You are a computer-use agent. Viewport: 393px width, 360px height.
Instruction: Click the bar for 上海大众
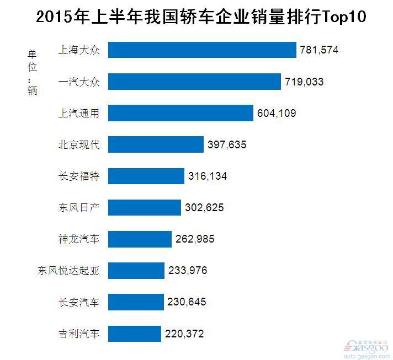click(x=202, y=50)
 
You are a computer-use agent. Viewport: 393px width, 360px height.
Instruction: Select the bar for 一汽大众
click(x=194, y=82)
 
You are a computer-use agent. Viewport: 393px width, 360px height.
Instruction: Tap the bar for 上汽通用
click(x=180, y=113)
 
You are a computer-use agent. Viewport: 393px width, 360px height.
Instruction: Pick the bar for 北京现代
click(x=156, y=144)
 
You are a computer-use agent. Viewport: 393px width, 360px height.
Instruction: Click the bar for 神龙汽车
click(x=140, y=239)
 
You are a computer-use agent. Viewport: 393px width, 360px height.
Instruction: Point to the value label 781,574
click(x=319, y=50)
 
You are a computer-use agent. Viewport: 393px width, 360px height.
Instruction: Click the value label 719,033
click(x=304, y=82)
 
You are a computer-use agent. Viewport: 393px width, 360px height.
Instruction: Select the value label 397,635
click(x=227, y=144)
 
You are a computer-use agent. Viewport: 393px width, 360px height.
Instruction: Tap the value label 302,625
click(x=204, y=208)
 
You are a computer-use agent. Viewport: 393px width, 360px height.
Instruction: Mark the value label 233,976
click(x=188, y=271)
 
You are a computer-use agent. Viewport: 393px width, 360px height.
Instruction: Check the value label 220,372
click(x=185, y=334)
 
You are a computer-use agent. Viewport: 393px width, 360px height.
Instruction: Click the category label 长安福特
click(x=79, y=176)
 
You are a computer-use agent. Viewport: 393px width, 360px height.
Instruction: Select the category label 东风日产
click(x=79, y=208)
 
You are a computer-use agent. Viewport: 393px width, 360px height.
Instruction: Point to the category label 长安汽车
click(x=79, y=302)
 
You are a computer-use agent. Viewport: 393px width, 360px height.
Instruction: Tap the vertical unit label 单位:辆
click(x=32, y=72)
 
